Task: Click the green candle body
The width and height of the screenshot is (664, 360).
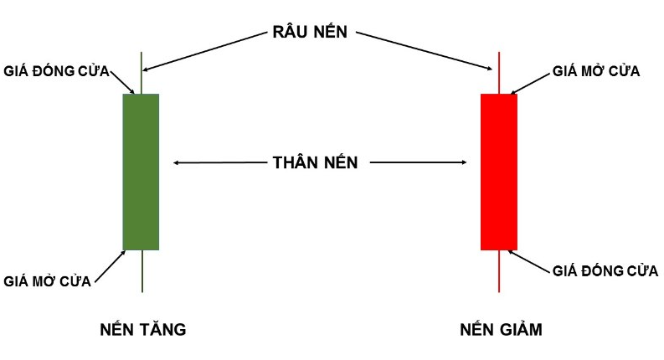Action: click(x=141, y=172)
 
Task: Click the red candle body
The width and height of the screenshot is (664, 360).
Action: click(x=498, y=172)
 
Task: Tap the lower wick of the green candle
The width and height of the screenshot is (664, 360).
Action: click(x=142, y=271)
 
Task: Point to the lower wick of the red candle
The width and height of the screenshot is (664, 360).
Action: click(x=499, y=271)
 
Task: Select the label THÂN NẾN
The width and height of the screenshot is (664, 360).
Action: click(x=315, y=163)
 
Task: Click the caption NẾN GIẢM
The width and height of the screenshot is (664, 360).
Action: click(x=501, y=330)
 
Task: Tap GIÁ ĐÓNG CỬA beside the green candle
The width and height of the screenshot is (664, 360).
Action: click(x=57, y=69)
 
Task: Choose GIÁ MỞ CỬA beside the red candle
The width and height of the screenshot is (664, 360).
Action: click(x=596, y=71)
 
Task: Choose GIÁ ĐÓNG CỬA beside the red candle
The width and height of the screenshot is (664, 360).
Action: click(x=605, y=270)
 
